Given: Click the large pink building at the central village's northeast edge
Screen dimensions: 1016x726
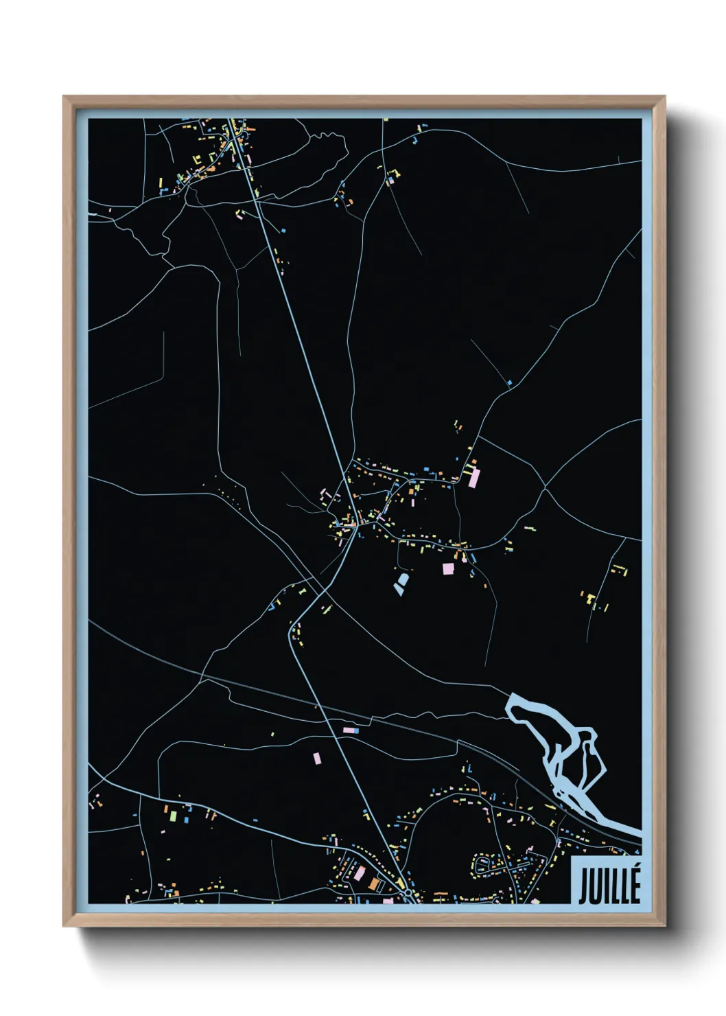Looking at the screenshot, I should [x=473, y=478].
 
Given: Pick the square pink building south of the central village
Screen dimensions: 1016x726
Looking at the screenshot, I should [x=447, y=568].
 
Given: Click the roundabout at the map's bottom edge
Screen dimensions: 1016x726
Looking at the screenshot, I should [x=408, y=892].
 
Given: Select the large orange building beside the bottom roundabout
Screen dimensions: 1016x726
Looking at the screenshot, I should [x=375, y=883].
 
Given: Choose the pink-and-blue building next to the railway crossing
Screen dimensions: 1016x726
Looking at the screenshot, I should [x=351, y=730].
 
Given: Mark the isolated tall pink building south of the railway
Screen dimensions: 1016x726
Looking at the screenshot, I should [x=317, y=758].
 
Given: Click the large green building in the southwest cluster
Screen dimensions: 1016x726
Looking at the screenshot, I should [x=174, y=816].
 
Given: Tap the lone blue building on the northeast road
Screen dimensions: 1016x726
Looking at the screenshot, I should [x=509, y=382].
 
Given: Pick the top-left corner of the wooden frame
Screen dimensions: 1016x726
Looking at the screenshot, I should [x=64, y=97].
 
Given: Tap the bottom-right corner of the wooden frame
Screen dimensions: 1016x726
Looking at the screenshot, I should [x=664, y=925].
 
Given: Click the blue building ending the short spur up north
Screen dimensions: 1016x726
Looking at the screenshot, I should [x=283, y=231].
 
